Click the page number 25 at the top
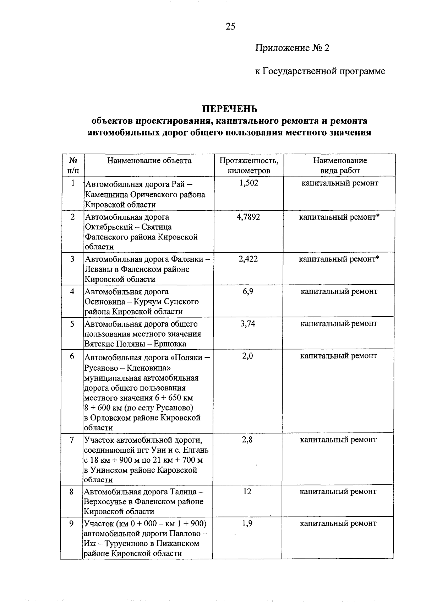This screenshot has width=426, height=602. [230, 27]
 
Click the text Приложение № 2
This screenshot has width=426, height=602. [292, 48]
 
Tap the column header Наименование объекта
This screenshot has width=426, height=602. [149, 161]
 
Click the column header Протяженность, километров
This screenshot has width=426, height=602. [249, 165]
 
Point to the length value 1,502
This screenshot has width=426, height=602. [249, 183]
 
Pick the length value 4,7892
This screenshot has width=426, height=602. [248, 217]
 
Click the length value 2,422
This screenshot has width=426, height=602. [248, 259]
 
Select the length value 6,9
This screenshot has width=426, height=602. [248, 292]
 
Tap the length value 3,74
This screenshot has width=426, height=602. [248, 324]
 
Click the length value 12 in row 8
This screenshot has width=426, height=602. [247, 491]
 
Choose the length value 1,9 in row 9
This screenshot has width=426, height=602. [247, 523]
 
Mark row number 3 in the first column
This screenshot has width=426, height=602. [72, 259]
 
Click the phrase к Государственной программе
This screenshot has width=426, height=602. [320, 71]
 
